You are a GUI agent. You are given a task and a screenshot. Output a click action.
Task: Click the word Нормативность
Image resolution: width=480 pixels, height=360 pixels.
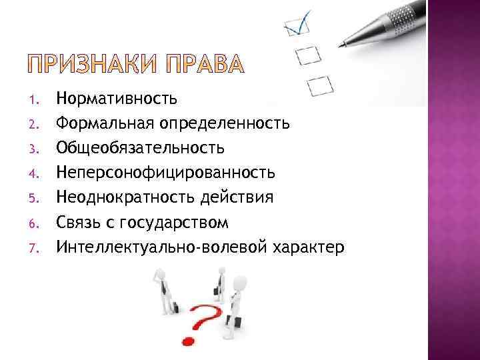(117, 99)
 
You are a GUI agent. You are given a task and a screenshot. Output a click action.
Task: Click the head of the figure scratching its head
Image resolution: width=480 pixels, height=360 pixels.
(160, 273)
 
